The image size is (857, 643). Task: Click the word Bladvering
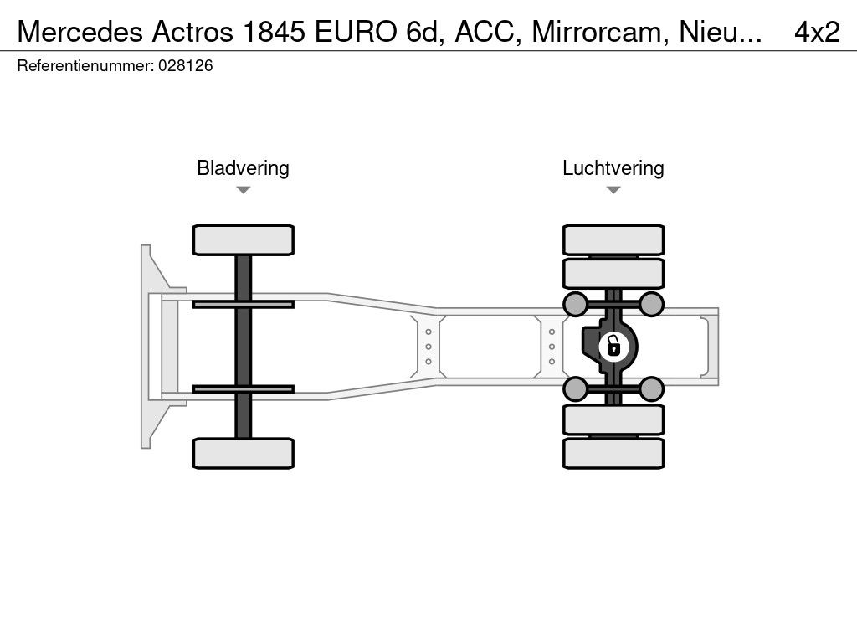(243, 168)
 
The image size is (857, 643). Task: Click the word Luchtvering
(613, 168)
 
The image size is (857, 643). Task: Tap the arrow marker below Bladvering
(243, 190)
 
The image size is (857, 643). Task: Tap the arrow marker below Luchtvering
(613, 190)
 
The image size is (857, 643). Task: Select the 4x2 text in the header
(817, 32)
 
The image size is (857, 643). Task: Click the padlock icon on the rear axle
(613, 345)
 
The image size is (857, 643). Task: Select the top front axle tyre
(243, 239)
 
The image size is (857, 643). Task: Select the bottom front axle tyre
(243, 453)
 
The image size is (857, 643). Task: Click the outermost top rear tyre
(613, 239)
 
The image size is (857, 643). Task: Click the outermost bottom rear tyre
(613, 453)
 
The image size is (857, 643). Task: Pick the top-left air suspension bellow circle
(575, 303)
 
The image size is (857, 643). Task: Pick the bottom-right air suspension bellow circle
(652, 388)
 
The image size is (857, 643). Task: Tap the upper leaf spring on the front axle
(243, 303)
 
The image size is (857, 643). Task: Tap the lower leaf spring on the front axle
(243, 388)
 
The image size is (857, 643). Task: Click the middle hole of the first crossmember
(428, 346)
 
